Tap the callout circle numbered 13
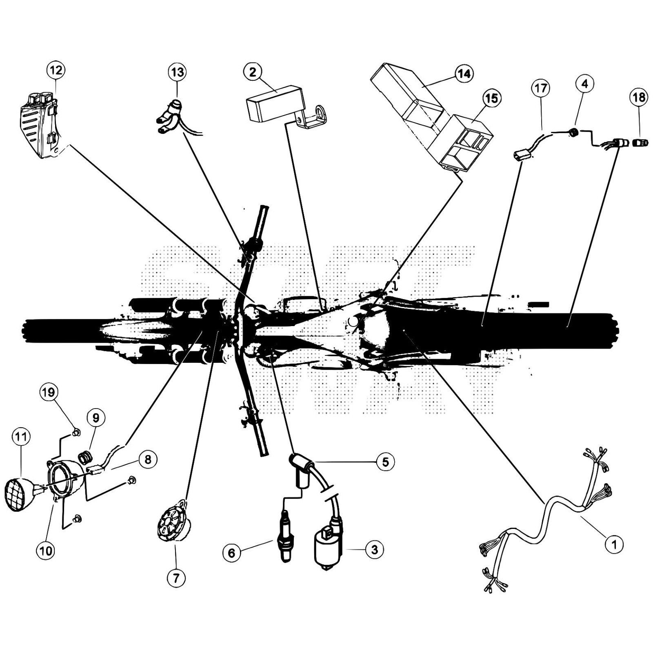pos(177,73)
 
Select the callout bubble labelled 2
pos(253,72)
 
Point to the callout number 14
pos(464,74)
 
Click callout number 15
pos(492,98)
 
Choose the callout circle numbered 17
pos(541,88)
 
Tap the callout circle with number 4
pos(585,84)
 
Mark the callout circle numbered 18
pos(639,97)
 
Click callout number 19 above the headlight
pos(48,393)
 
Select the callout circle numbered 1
pos(614,544)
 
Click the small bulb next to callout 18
pos(640,143)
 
